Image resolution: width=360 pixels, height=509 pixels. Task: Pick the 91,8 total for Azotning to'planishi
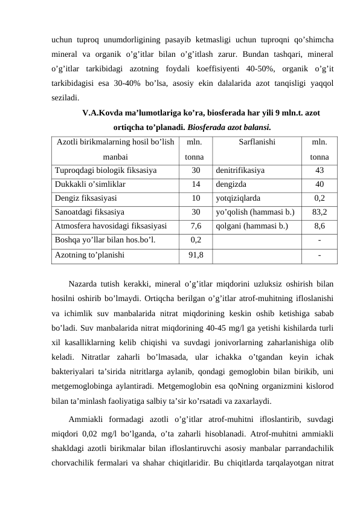click(x=196, y=254)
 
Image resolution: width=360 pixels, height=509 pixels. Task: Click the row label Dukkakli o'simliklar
click(x=90, y=184)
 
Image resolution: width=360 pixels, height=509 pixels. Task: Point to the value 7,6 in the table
click(x=196, y=226)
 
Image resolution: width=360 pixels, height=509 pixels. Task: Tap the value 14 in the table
click(x=196, y=184)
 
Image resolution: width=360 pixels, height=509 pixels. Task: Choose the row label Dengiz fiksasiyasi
click(x=86, y=198)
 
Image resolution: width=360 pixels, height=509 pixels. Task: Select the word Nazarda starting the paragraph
click(x=85, y=283)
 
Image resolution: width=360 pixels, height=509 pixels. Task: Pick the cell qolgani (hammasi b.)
click(x=249, y=226)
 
